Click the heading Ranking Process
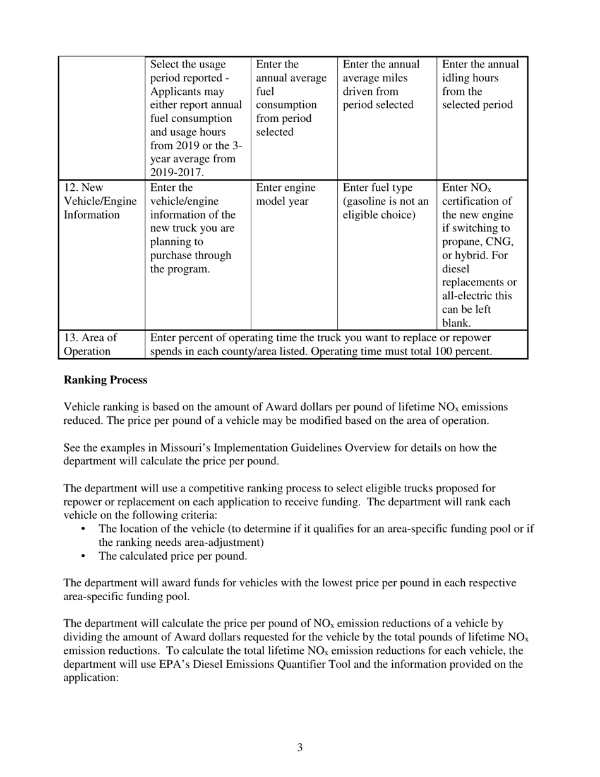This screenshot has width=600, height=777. tap(105, 380)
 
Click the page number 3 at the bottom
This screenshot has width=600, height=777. tap(299, 748)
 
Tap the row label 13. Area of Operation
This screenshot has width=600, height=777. tap(89, 344)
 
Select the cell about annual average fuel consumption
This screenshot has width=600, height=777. tap(290, 98)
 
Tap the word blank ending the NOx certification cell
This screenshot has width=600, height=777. tap(455, 323)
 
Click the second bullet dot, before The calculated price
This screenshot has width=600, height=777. tap(84, 557)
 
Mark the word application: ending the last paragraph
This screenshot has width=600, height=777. tap(91, 678)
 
